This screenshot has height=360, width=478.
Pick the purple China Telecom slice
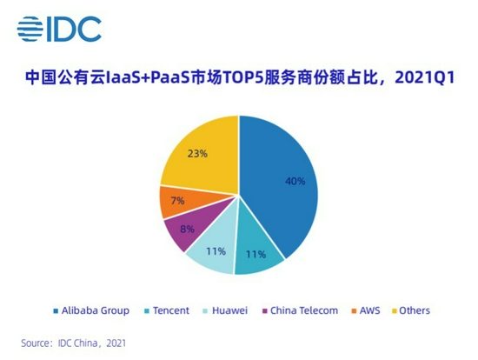tap(184, 230)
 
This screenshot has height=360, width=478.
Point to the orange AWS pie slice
tap(177, 203)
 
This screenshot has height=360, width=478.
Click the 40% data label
tap(295, 181)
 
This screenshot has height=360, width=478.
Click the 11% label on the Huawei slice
tap(216, 251)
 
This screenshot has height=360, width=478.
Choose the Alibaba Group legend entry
tap(96, 310)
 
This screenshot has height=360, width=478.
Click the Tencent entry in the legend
tap(173, 310)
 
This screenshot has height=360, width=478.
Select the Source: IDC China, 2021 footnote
tap(74, 343)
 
